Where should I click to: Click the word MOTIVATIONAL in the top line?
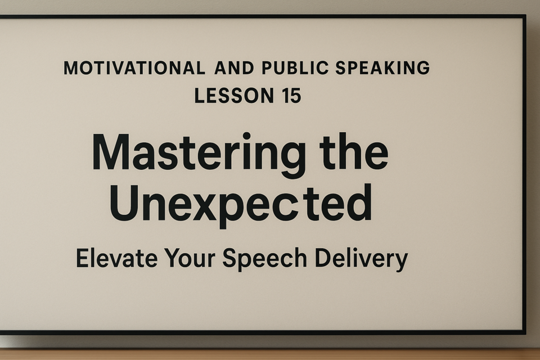click(134, 68)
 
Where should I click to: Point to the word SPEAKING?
click(382, 68)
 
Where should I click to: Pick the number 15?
click(292, 96)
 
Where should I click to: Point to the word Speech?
click(264, 259)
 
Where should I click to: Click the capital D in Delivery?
click(325, 258)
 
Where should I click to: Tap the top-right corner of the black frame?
click(524, 16)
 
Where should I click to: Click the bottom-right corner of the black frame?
click(524, 333)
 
